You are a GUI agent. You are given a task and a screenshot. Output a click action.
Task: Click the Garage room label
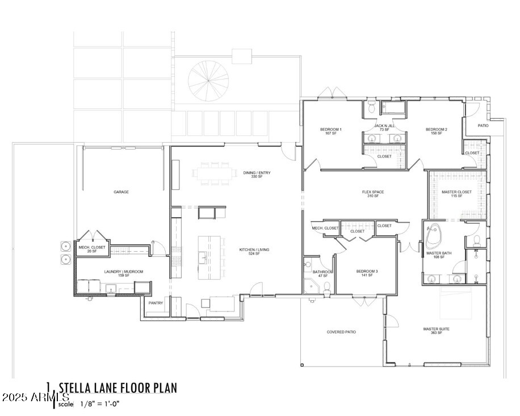point(121,192)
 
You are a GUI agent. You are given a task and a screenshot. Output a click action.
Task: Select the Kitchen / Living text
point(250,251)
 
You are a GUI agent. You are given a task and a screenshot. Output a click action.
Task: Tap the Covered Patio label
point(341,332)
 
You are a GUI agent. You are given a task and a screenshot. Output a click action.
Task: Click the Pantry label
point(156,303)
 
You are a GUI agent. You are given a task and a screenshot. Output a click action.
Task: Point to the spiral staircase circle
point(208,80)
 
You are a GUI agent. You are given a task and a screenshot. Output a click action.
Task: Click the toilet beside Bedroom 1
point(371,106)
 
